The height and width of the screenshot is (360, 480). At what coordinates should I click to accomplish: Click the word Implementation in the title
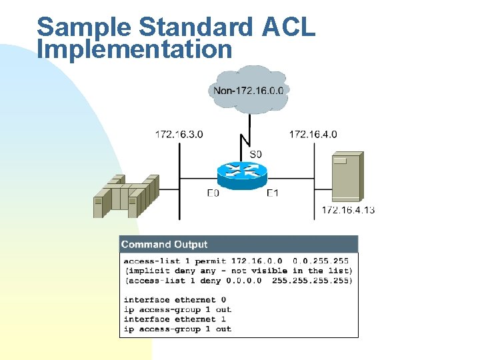coord(135,49)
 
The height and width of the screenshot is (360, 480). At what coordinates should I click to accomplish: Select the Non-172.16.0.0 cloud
coord(248,89)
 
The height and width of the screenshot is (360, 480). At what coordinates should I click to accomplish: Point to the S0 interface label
coord(256,154)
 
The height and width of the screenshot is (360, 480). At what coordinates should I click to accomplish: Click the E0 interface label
coord(213,193)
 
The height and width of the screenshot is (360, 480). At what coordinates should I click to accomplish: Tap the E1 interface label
coord(272,193)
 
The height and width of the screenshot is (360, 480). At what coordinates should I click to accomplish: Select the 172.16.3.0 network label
coord(179,134)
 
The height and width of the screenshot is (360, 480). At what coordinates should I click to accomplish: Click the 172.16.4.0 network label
coord(313,134)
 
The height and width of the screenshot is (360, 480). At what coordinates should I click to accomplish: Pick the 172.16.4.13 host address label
coord(348,210)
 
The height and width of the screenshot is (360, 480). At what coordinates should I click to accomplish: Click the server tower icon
coord(347,176)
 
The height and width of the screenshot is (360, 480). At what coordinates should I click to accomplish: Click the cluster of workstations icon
coord(125,196)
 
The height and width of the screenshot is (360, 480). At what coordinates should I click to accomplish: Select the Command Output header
coord(165,245)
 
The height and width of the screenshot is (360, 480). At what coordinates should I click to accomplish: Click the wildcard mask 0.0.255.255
coord(321,261)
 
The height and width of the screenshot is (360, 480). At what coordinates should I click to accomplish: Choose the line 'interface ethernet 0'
coord(175,300)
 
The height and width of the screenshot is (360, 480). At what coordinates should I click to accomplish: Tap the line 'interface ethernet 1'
coord(175,319)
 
